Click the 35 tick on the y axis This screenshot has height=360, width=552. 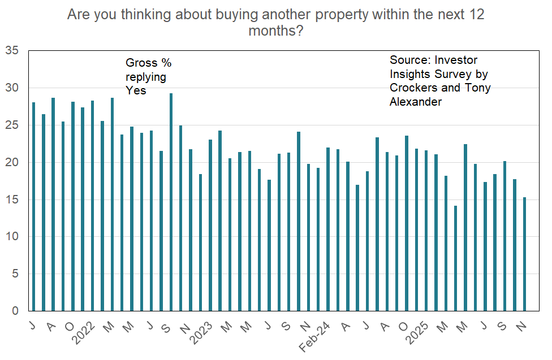coord(12,51)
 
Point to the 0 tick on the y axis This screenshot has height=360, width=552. coord(15,311)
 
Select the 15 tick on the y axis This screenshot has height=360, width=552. coord(12,199)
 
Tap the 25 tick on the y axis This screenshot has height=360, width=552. coord(12,125)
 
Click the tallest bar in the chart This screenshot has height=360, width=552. coord(171,202)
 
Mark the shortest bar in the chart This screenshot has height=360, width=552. coord(456,258)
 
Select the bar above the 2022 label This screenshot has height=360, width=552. coord(92,206)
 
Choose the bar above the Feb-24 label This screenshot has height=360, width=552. coord(328,229)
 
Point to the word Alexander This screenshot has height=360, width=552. coord(415,102)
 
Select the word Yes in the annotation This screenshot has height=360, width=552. coord(136,90)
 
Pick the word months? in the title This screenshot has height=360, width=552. coord(275,31)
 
